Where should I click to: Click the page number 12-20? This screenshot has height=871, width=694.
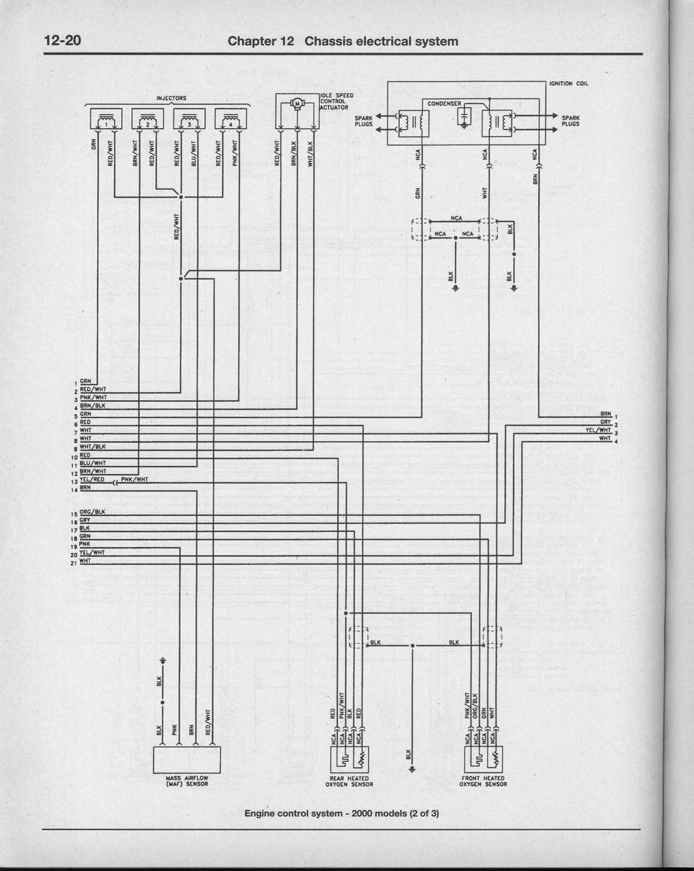62,40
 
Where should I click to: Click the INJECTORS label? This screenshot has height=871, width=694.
171,98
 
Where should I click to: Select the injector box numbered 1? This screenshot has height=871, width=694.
106,119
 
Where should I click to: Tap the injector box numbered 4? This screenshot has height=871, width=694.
231,119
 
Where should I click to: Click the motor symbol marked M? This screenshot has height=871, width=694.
297,103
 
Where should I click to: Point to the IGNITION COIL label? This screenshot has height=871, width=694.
568,84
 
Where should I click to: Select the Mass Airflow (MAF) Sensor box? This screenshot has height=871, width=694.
187,760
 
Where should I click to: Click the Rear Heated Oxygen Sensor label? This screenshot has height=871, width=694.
349,781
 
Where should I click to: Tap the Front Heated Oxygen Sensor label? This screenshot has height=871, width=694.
483,781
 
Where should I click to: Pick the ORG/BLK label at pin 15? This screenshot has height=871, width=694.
92,512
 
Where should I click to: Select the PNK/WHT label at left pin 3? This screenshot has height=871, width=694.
93,397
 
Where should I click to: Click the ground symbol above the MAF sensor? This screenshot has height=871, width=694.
162,661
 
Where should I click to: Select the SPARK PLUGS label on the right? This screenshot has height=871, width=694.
570,121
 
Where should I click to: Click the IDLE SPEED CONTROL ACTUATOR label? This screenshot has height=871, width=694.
336,101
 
